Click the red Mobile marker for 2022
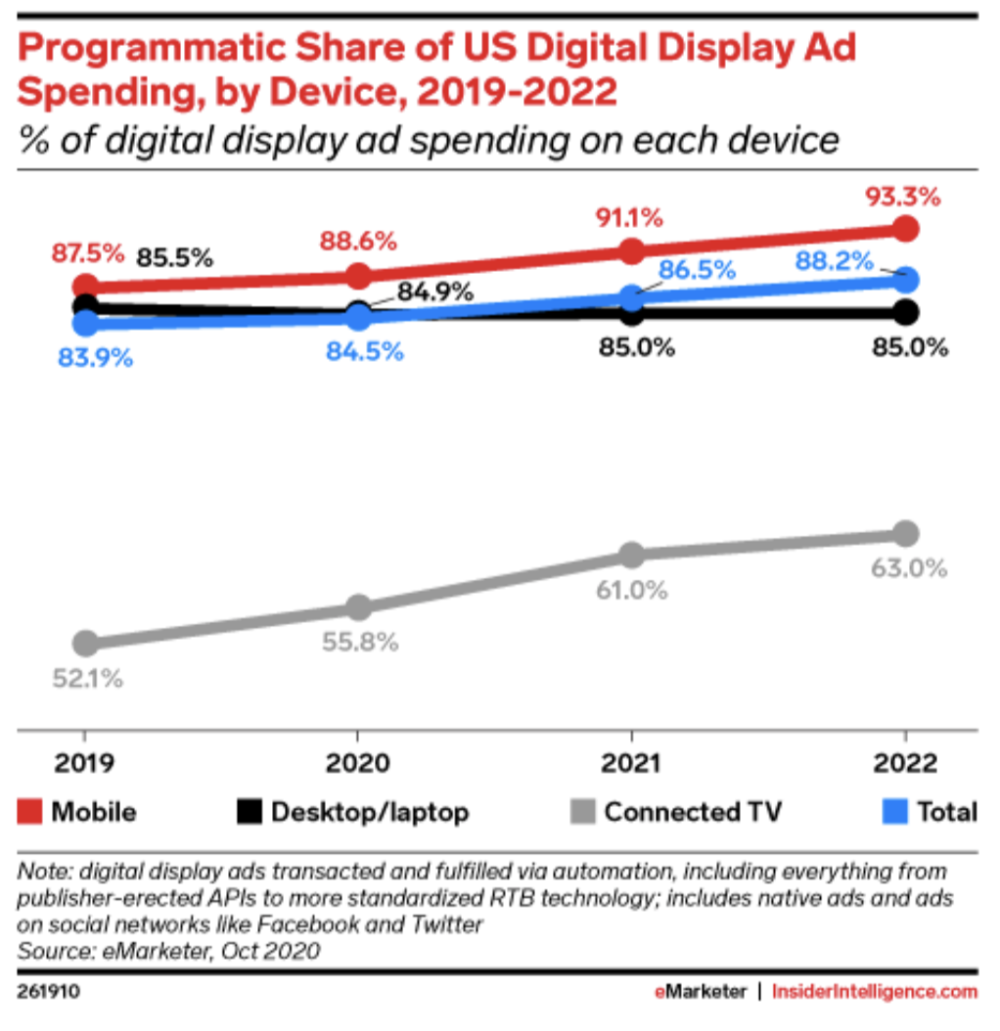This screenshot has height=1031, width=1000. tap(906, 229)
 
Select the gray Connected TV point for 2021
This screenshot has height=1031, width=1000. tap(632, 555)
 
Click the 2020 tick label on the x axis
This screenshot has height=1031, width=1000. tap(358, 764)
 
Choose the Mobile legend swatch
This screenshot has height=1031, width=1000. tap(29, 811)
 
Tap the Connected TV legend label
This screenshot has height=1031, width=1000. tap(693, 811)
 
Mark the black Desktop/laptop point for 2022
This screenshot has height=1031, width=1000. tap(906, 312)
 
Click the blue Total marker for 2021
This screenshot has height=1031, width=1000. tap(632, 297)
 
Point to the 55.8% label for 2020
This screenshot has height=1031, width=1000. tap(359, 643)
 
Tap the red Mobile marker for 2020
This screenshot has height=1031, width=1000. tap(359, 276)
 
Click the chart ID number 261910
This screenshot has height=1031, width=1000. tap(48, 991)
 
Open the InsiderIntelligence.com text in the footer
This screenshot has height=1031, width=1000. tap(875, 991)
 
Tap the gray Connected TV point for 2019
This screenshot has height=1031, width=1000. tap(86, 643)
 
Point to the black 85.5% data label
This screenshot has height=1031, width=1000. tap(174, 258)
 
